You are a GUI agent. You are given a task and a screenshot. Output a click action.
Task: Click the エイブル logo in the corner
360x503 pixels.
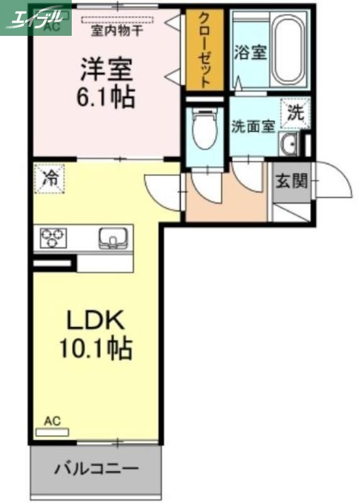(35, 17)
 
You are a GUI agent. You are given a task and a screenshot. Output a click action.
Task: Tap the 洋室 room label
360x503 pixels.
(106, 69)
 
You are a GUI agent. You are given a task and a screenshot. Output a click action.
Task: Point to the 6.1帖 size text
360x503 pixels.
(106, 97)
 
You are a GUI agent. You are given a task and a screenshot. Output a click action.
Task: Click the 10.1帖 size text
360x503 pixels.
(95, 348)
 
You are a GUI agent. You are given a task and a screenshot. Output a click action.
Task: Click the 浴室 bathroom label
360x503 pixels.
(250, 52)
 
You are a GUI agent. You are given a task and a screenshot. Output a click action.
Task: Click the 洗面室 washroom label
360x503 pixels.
(252, 126)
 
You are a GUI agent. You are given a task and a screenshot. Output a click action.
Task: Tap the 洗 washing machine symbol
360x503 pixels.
(295, 114)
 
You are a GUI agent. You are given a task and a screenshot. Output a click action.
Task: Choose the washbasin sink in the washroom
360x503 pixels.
(290, 145)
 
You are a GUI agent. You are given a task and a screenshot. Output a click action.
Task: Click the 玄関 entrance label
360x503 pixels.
(291, 182)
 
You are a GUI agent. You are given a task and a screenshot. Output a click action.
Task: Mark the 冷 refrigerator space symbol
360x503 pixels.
(48, 177)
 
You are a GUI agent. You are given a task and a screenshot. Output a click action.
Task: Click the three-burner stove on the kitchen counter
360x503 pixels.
(53, 238)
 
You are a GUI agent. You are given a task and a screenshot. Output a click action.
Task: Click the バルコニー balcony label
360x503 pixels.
(96, 469)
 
